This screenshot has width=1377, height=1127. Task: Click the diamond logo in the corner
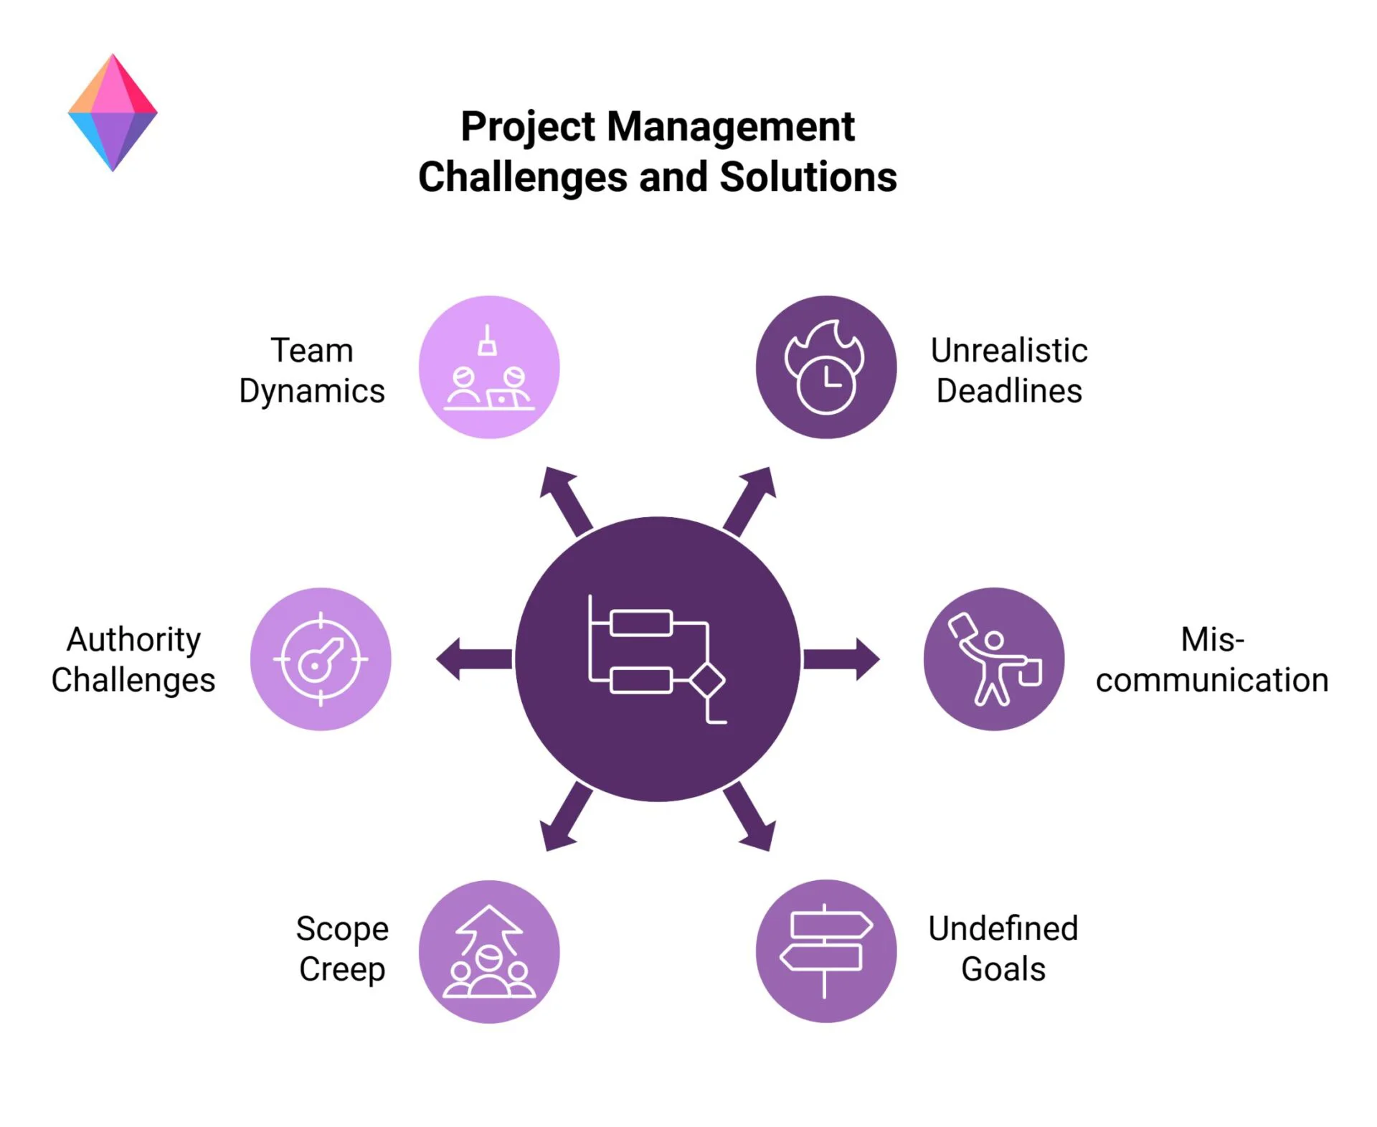(x=113, y=113)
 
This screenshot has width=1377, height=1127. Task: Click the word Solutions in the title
(x=808, y=177)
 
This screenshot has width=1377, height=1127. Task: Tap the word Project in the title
(x=528, y=127)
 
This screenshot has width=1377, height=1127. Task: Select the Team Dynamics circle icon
(x=489, y=367)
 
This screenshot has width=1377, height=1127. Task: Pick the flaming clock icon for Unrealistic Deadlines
(x=825, y=367)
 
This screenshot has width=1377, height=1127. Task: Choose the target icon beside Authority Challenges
(x=321, y=659)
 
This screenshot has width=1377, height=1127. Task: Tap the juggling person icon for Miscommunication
(x=993, y=659)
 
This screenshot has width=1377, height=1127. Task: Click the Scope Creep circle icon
(x=489, y=951)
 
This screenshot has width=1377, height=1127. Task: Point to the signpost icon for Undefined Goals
(x=825, y=951)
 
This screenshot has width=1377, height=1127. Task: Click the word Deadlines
(x=1009, y=391)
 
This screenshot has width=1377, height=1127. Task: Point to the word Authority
(x=134, y=639)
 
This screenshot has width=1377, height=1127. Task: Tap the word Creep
(x=342, y=969)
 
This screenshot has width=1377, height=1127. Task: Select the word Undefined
(x=1003, y=928)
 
